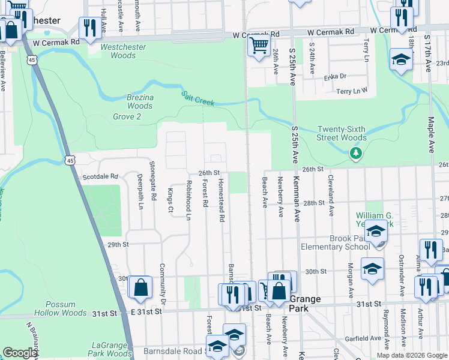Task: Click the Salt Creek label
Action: [198, 99]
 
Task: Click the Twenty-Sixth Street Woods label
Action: [342, 133]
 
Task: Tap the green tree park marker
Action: [357, 154]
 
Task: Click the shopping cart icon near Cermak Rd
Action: [259, 44]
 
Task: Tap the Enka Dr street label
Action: [335, 76]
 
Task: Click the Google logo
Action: [20, 353]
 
